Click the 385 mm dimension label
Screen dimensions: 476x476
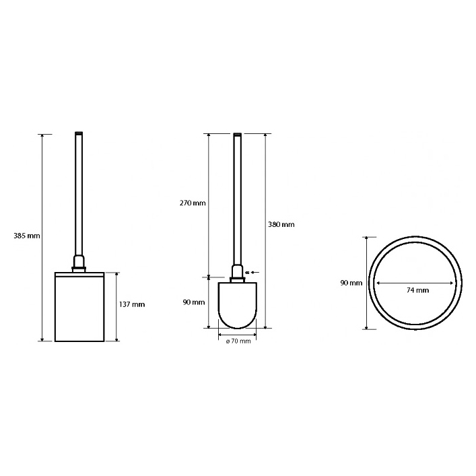tap(27, 236)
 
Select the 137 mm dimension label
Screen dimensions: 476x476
tap(132, 304)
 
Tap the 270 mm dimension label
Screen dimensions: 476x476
tap(193, 203)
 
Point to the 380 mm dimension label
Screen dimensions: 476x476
tap(281, 224)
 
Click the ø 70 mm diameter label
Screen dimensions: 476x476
tap(238, 341)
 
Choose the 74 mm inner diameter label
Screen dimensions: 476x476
tap(417, 290)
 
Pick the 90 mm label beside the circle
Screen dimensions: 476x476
tap(351, 283)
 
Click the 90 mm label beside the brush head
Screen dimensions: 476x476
tap(194, 302)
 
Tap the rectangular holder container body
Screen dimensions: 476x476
tap(79, 306)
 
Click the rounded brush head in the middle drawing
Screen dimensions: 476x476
tap(238, 306)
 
